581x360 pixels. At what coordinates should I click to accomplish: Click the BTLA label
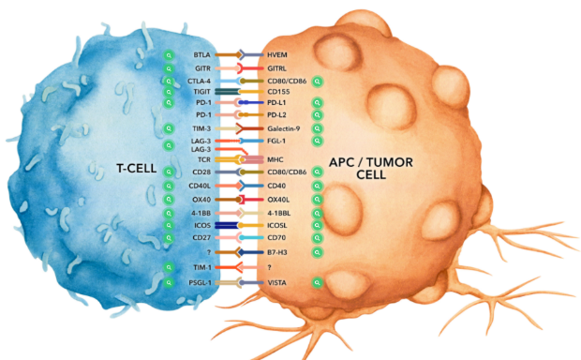[201, 55]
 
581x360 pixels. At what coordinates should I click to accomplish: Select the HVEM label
[277, 55]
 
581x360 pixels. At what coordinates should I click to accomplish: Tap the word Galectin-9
[284, 128]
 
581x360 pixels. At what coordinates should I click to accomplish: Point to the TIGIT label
[201, 92]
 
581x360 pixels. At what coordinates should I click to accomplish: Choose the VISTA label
[276, 283]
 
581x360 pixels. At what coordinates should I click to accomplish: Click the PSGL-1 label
[200, 283]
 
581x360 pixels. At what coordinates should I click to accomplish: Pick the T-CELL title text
[137, 169]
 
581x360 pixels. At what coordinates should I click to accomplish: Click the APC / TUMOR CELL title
[371, 169]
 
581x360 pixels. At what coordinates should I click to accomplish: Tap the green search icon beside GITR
[169, 69]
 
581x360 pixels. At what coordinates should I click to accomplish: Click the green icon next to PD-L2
[317, 115]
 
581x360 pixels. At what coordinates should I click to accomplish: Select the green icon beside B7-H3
[317, 252]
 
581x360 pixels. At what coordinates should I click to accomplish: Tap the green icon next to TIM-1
[169, 267]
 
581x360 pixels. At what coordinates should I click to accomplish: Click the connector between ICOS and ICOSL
[239, 225]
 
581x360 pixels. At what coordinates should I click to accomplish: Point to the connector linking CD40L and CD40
[239, 186]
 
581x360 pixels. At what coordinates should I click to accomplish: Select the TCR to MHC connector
[239, 159]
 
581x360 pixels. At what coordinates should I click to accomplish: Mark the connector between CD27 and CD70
[239, 237]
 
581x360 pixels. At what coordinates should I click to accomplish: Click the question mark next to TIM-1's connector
[269, 267]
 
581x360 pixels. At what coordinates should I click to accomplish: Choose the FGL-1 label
[276, 141]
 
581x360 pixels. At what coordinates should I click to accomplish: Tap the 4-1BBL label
[279, 214]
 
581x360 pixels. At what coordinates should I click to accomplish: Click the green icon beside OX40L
[317, 200]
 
